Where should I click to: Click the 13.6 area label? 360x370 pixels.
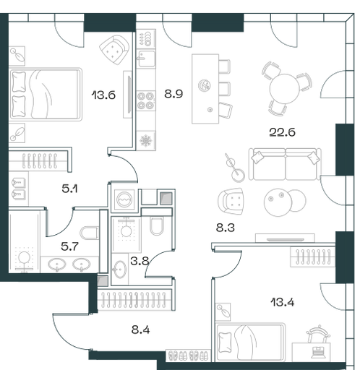pos(103,95)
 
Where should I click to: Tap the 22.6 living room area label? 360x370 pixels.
pos(282,132)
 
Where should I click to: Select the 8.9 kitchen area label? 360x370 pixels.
pos(173,94)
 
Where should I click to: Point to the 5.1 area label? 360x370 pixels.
pos(69,189)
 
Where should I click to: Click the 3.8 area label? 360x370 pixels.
pos(140,261)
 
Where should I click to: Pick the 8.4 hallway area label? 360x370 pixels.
pos(140,330)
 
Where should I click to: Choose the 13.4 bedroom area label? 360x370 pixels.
pos(283,302)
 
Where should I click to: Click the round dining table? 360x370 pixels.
pos(284,89)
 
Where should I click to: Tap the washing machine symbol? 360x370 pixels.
pos(124,199)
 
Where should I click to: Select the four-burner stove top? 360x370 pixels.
pos(146,100)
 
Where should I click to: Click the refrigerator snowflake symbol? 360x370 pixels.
pos(146,141)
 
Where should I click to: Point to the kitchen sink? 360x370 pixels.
pos(146,59)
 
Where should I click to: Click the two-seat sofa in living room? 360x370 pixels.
pos(285,164)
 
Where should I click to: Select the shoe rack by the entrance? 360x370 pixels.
pos(188,356)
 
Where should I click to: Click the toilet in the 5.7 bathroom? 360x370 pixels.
pos(89,233)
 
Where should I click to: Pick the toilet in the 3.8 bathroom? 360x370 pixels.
pos(157,225)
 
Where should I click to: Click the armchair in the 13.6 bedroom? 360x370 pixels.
pos(115,50)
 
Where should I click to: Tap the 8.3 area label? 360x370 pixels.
pos(225,228)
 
